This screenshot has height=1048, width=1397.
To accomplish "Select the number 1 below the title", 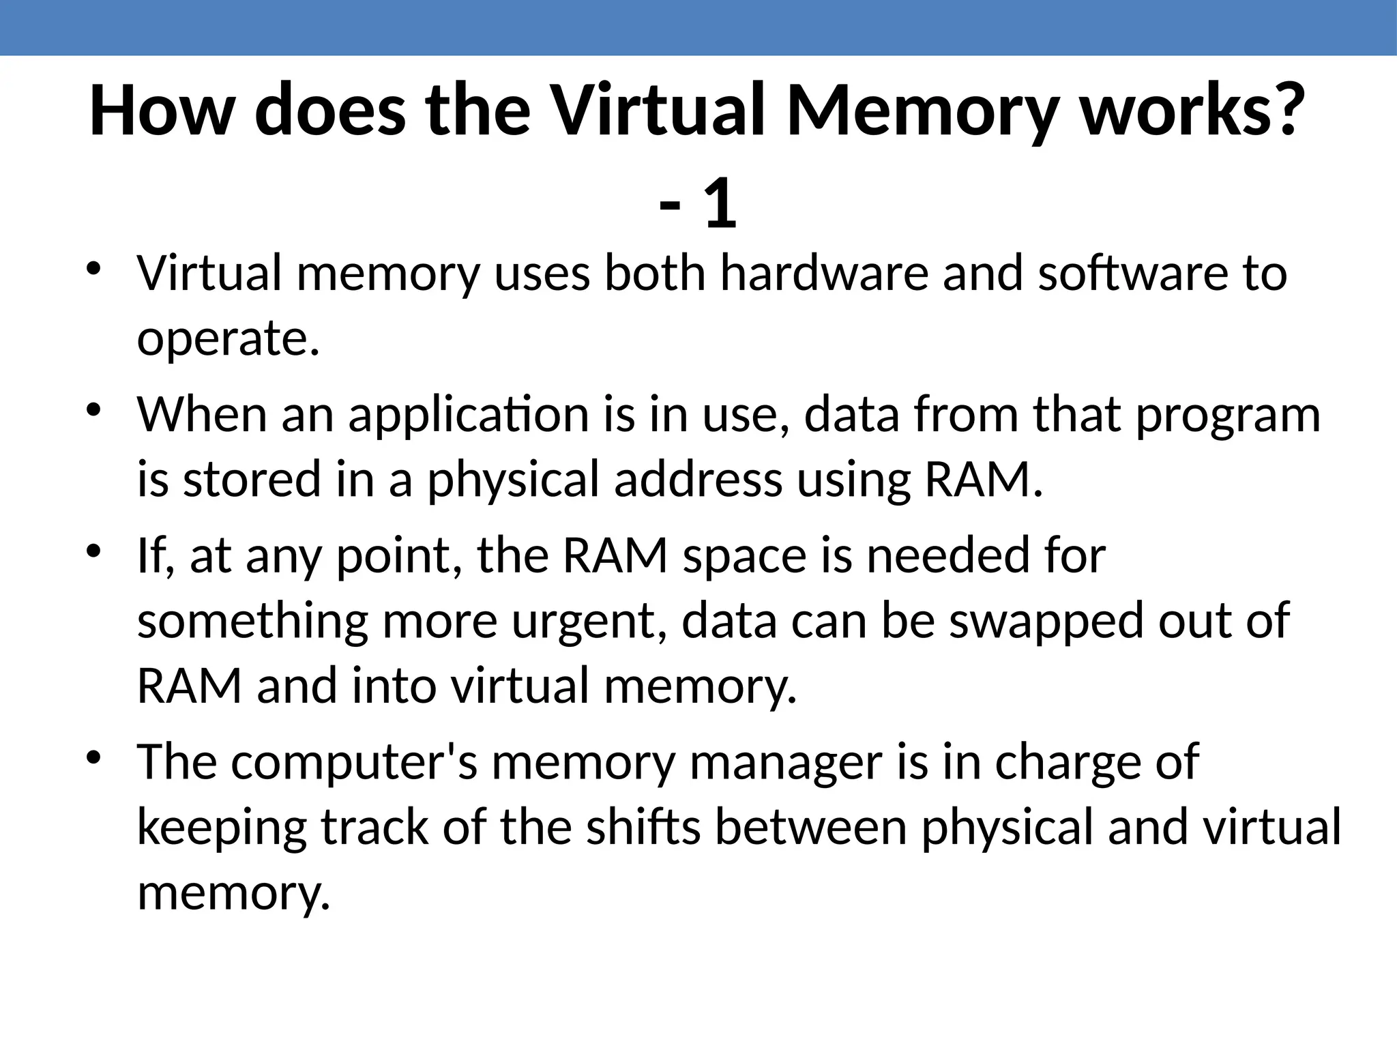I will point(720,205).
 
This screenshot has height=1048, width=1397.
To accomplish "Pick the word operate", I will point(228,339).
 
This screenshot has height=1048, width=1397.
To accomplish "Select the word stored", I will point(252,479).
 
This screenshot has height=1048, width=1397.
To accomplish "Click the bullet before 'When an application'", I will point(94,410).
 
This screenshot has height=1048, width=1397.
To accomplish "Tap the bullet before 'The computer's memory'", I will point(94,757).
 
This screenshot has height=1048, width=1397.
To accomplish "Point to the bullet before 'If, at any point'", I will point(94,551).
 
